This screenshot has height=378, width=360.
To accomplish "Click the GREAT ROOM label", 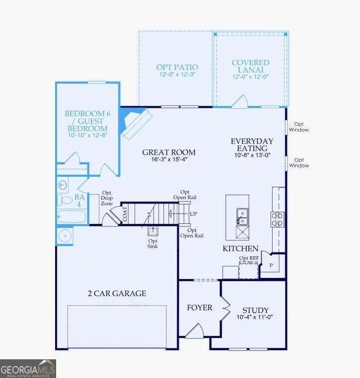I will (168, 152).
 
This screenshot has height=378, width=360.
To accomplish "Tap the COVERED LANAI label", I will (250, 66).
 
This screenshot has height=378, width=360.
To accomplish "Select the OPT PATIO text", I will (177, 67).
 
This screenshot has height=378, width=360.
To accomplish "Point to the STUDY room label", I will (255, 310).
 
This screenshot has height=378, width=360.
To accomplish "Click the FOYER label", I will (200, 308).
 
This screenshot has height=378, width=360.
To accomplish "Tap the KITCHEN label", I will (241, 249).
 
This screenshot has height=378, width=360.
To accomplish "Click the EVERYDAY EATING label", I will (251, 145).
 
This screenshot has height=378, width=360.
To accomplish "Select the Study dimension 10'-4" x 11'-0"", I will (255, 318).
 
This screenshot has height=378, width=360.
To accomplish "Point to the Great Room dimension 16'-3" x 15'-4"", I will (168, 160).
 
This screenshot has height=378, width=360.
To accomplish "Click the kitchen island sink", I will (242, 217).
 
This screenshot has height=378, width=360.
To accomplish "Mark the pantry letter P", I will (271, 265).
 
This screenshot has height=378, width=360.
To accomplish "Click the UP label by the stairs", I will (193, 214).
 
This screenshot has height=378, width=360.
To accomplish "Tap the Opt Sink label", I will (152, 243).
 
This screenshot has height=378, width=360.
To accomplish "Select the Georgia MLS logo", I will (28, 368).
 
